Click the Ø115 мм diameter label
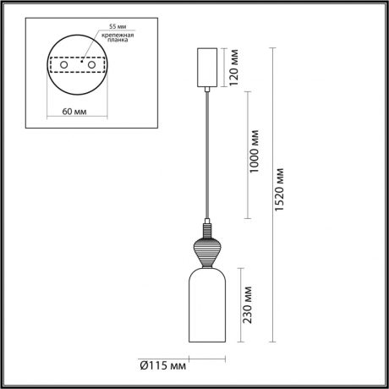[162, 365]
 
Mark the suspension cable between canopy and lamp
[206, 152]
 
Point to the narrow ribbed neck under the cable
[206, 229]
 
